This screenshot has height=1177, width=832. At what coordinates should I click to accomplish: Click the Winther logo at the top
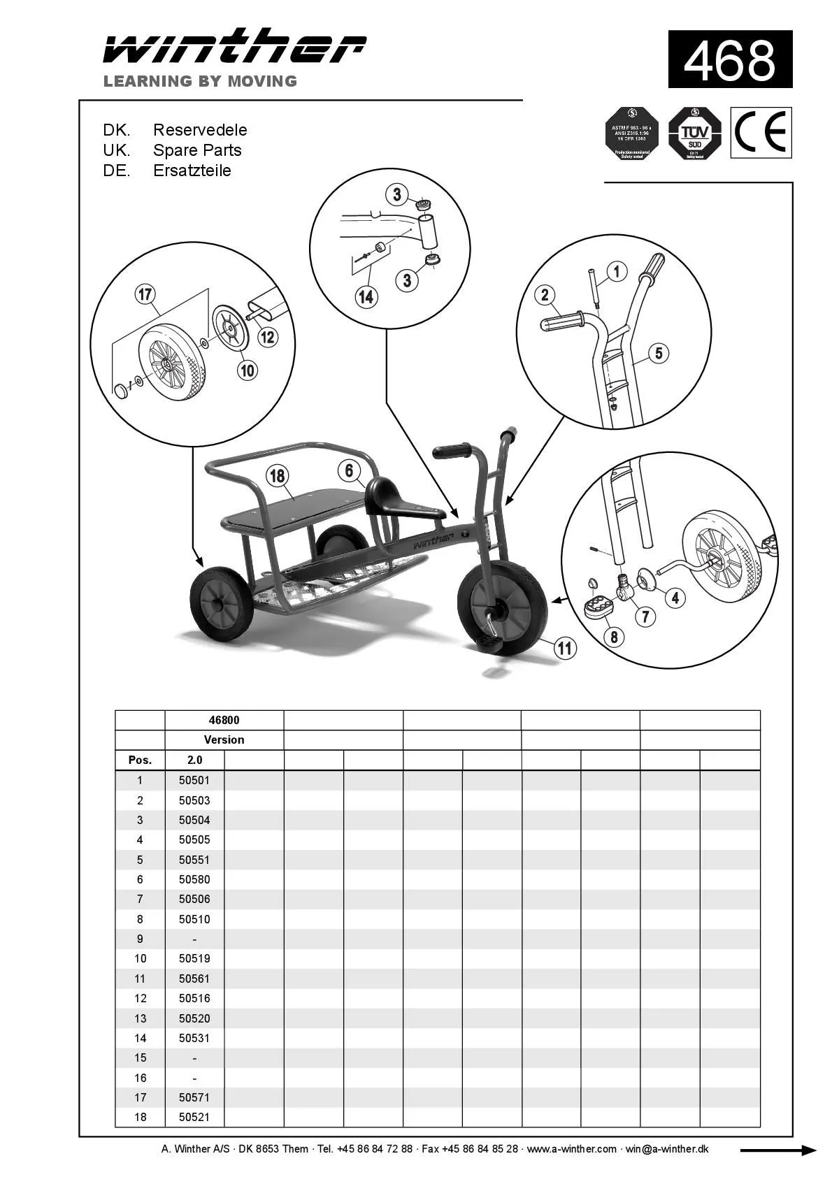tap(234, 48)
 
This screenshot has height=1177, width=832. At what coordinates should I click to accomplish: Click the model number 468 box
tap(729, 59)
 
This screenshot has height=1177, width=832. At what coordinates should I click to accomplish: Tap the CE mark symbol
tap(761, 132)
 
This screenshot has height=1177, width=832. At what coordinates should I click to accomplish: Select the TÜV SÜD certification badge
tap(694, 133)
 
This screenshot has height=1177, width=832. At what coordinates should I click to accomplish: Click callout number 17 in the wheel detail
tap(145, 294)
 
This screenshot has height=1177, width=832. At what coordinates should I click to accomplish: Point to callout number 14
tap(366, 296)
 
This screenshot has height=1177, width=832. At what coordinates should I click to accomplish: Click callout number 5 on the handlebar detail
tap(658, 353)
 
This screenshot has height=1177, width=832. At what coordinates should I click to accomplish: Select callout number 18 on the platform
tap(278, 476)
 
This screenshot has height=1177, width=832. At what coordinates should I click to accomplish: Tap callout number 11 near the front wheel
tap(564, 648)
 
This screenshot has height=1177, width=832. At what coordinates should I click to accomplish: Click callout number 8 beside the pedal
tap(614, 637)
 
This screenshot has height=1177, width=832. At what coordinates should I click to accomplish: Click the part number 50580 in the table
tap(194, 879)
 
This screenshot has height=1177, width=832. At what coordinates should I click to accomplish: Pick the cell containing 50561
tap(194, 979)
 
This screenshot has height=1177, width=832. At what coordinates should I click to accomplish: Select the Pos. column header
tap(140, 760)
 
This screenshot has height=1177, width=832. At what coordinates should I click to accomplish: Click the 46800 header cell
tap(224, 720)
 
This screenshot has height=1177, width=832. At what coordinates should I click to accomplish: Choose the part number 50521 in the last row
tap(194, 1117)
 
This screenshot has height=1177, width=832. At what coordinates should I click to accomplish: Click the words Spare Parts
tap(197, 150)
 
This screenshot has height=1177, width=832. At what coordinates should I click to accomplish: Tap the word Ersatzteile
tap(192, 171)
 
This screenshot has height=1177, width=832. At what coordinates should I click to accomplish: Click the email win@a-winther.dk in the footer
tap(666, 1149)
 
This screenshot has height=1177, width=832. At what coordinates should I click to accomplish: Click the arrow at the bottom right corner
tap(777, 1150)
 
